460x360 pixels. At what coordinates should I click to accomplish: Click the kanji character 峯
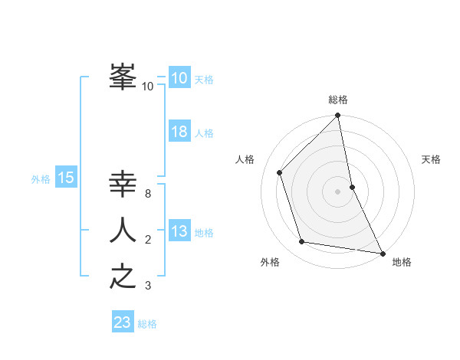click(x=123, y=77)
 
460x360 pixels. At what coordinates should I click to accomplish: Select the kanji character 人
click(x=123, y=230)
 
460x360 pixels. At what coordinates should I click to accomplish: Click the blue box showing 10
click(x=179, y=78)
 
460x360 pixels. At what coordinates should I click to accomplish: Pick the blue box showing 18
click(x=179, y=132)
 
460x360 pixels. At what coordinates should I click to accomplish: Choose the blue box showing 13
click(x=179, y=231)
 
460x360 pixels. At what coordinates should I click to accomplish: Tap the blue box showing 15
click(x=65, y=178)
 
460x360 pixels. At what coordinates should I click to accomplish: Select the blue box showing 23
click(x=123, y=322)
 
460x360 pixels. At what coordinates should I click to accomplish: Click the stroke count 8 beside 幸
click(x=147, y=194)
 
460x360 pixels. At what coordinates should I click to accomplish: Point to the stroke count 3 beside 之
click(x=147, y=286)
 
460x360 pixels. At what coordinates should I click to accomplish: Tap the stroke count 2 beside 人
click(x=147, y=240)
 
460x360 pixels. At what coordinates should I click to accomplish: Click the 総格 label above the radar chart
click(x=338, y=100)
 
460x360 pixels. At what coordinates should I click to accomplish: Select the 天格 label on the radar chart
click(x=431, y=159)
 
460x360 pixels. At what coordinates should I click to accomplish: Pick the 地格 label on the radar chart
click(x=402, y=262)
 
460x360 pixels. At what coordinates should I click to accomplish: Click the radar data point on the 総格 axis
click(x=338, y=116)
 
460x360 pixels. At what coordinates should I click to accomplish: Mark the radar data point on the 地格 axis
click(x=382, y=253)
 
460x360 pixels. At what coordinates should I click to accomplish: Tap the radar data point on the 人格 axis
click(x=280, y=172)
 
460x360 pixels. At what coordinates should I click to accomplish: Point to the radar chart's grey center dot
click(x=338, y=191)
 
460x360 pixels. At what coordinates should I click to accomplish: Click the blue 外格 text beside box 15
click(x=41, y=179)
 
